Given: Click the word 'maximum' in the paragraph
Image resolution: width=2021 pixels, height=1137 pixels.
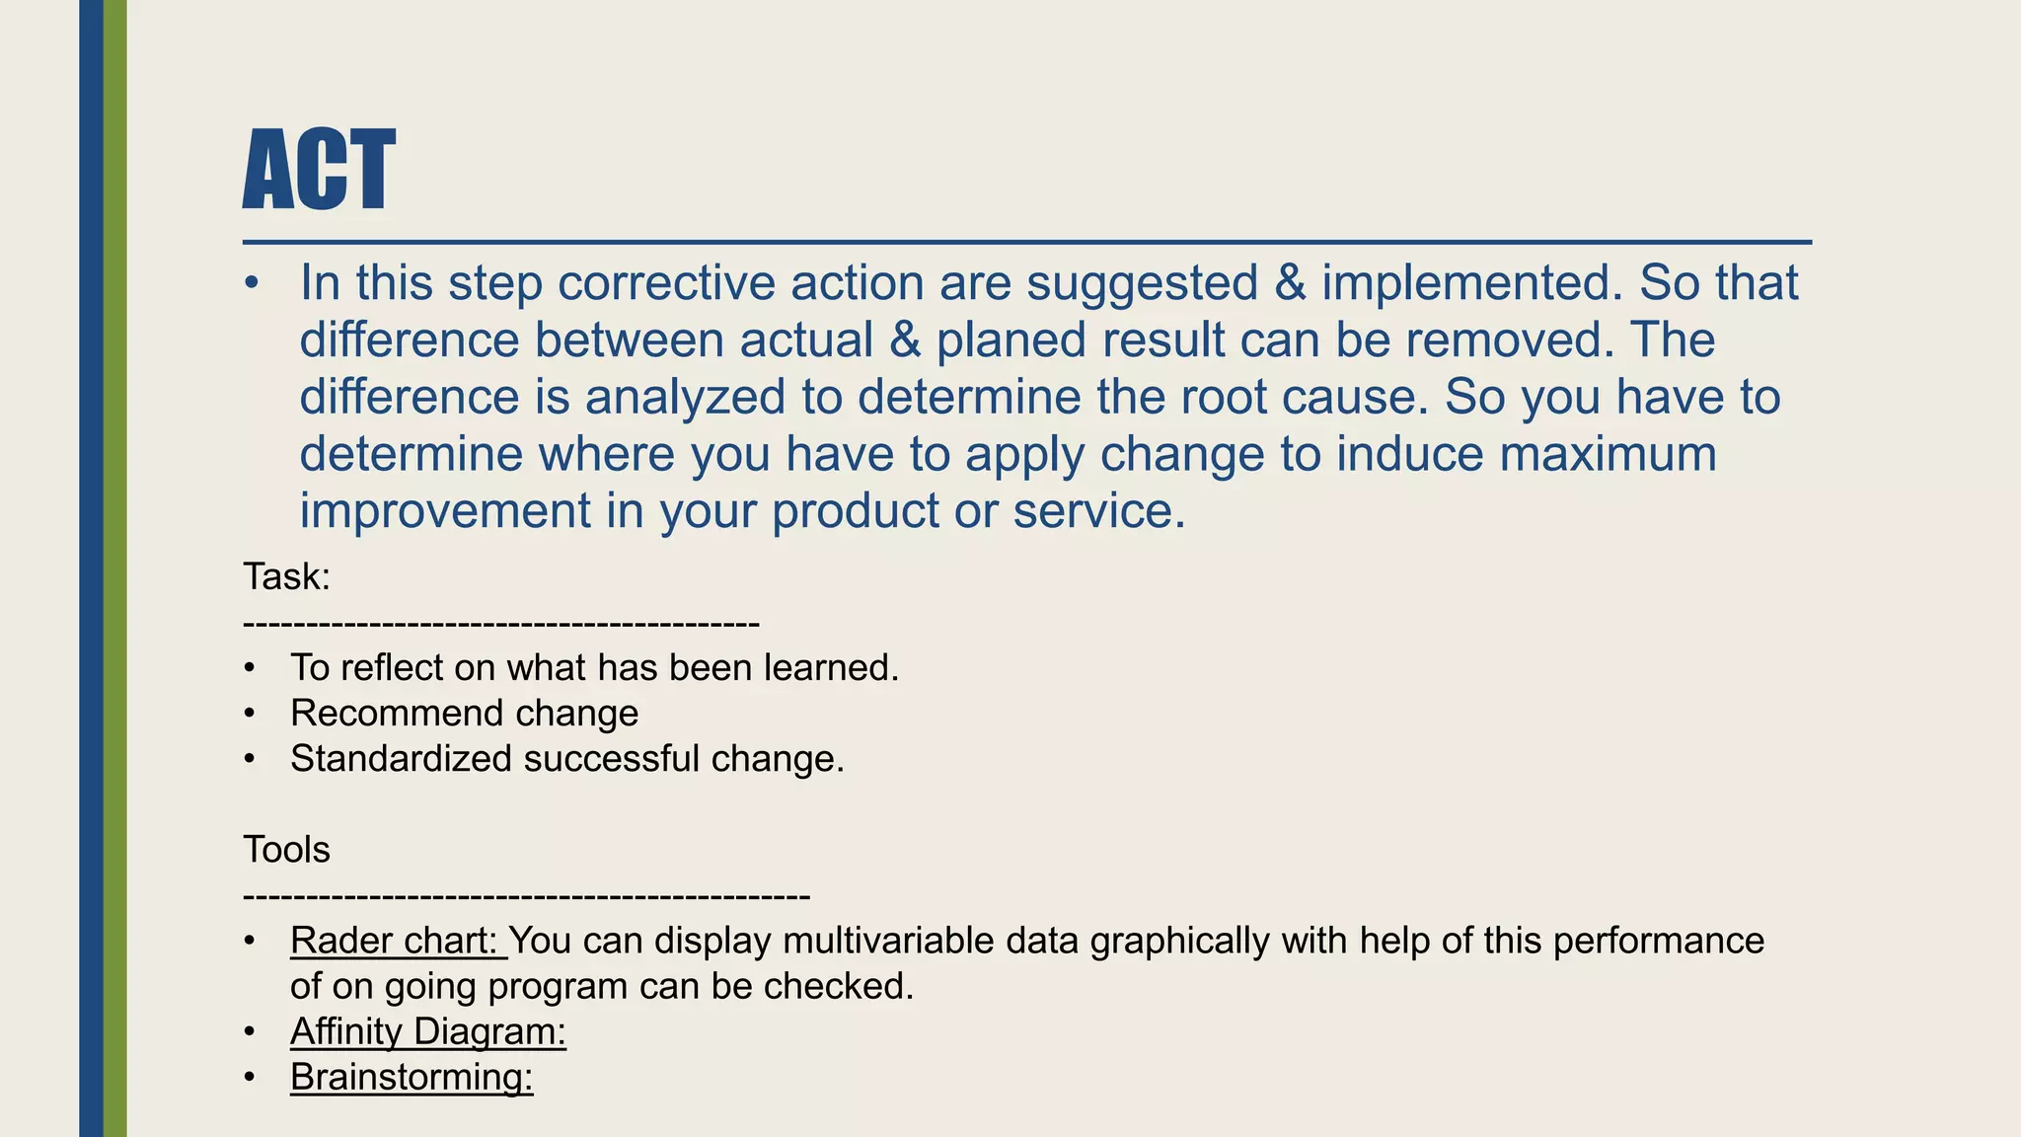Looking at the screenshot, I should tap(1608, 455).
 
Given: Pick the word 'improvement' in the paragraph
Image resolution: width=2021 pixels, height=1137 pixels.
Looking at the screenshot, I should tap(445, 512).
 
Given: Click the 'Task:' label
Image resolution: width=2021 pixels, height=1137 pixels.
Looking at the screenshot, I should tap(287, 577).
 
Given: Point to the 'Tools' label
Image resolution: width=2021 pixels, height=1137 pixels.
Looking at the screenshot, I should tap(287, 850).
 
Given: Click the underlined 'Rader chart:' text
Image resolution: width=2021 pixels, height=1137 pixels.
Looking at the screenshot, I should tap(397, 942).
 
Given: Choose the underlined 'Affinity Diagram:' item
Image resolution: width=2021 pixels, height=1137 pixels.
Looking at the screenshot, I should tap(428, 1032).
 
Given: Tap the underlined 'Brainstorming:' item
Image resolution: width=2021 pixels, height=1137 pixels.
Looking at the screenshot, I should tap(412, 1078).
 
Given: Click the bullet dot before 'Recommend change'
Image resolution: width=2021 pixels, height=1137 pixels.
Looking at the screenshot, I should tap(251, 714).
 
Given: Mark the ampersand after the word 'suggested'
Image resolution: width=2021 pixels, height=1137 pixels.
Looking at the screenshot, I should tap(1290, 283).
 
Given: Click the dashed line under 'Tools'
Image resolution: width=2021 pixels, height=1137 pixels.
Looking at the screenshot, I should tap(526, 896).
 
